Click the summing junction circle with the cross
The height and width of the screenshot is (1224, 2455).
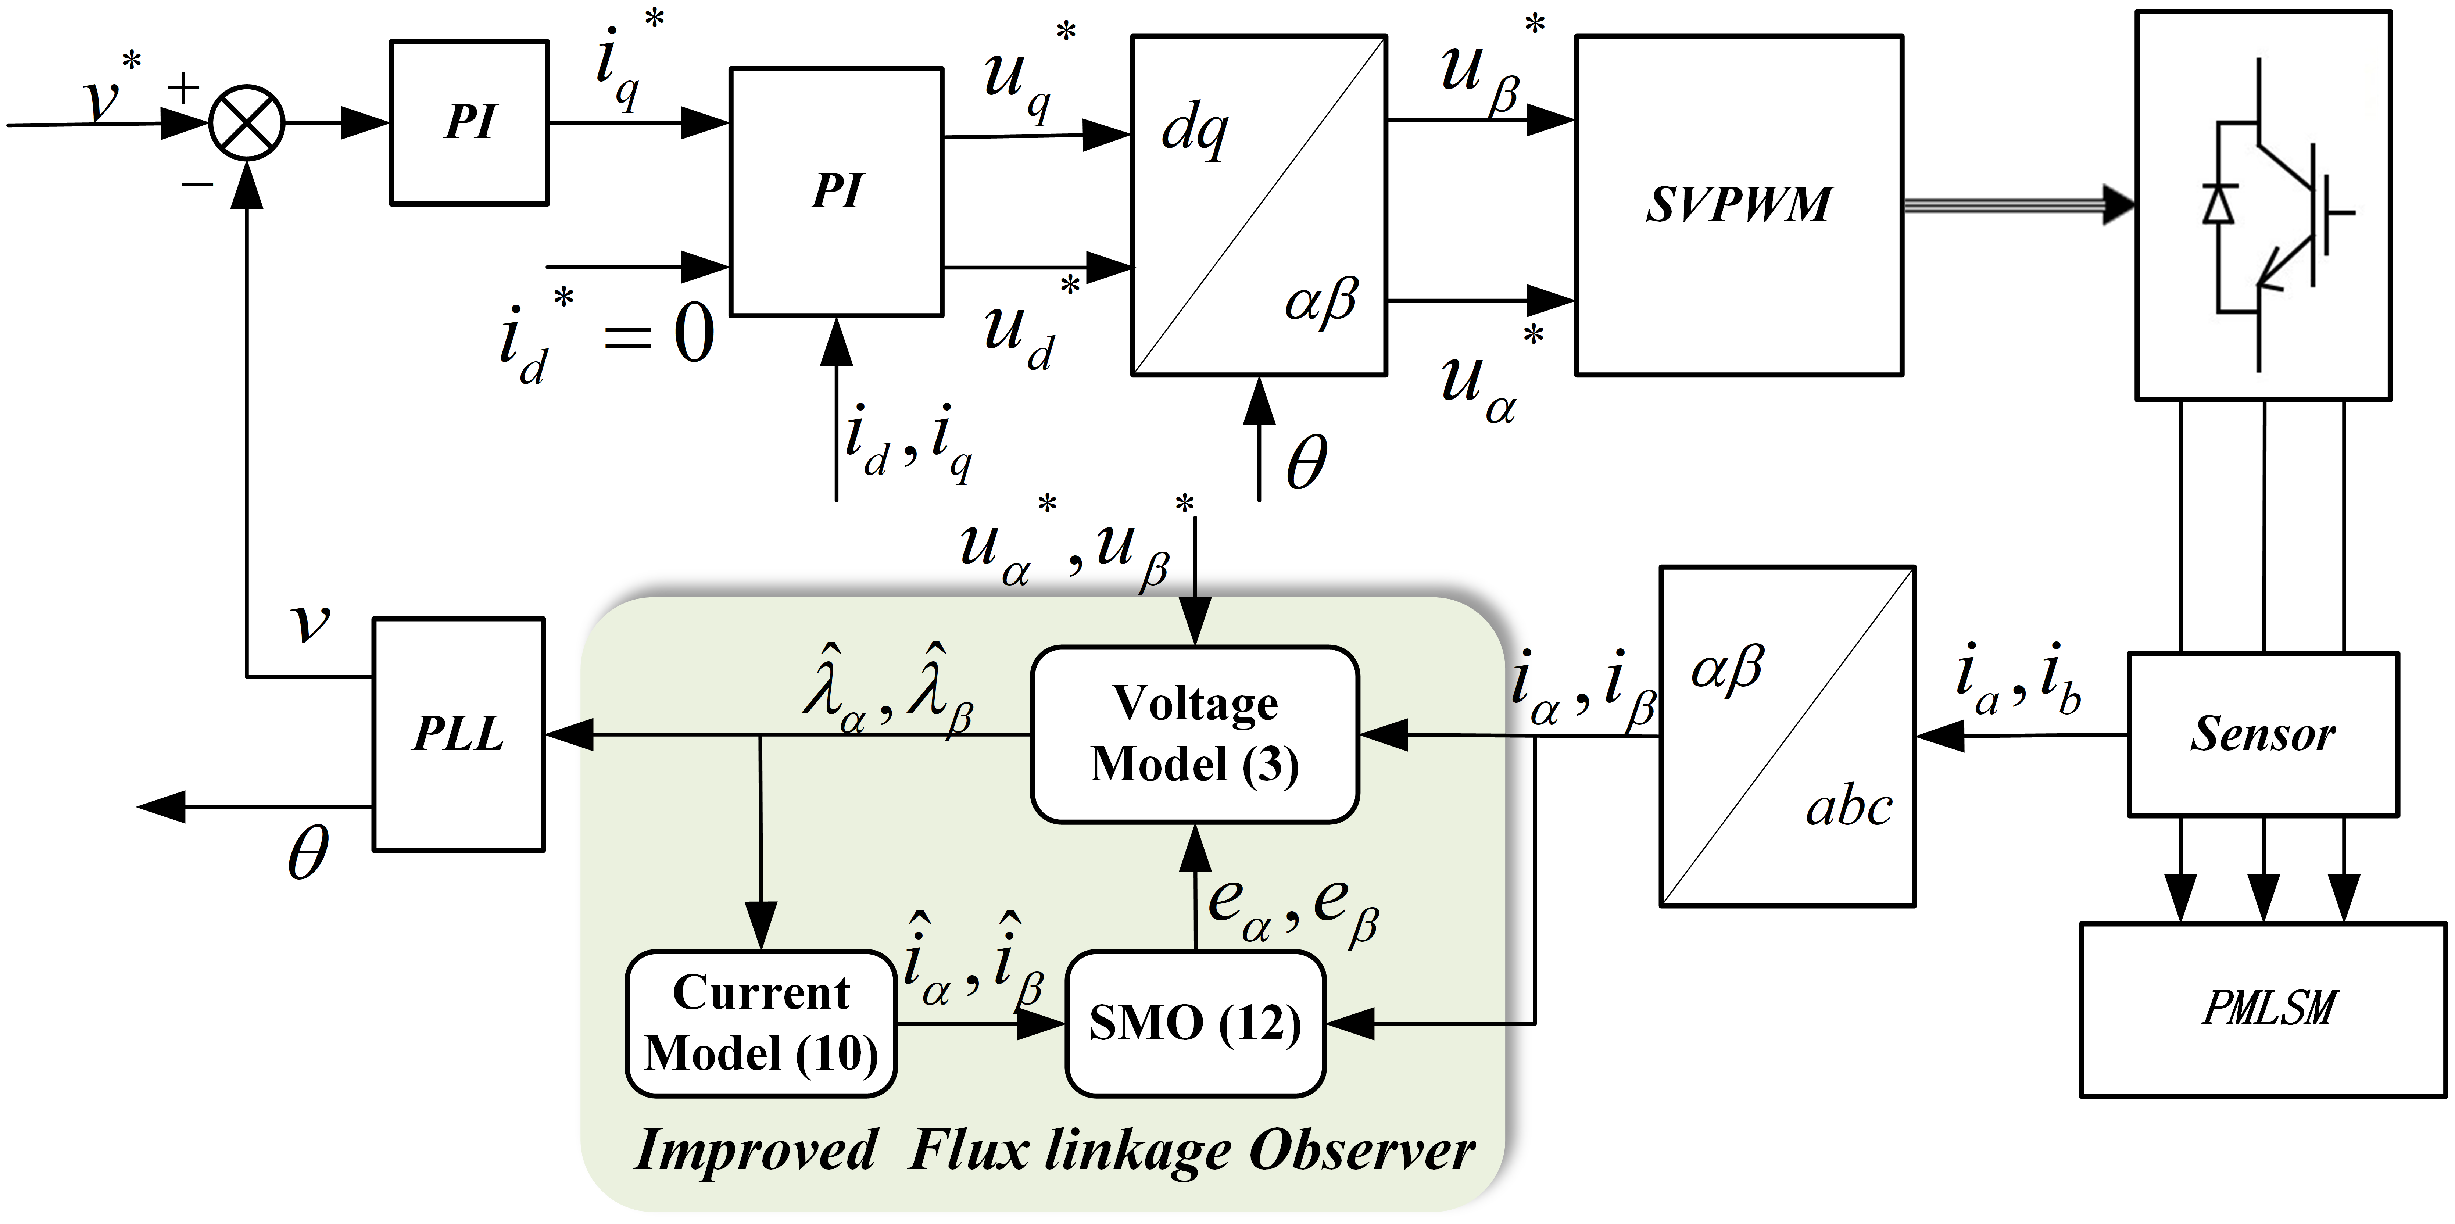coord(247,124)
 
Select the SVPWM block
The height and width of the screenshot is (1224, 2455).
coord(1738,205)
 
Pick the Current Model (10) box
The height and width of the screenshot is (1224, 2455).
coord(761,1023)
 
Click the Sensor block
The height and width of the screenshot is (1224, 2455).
coord(2262,734)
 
